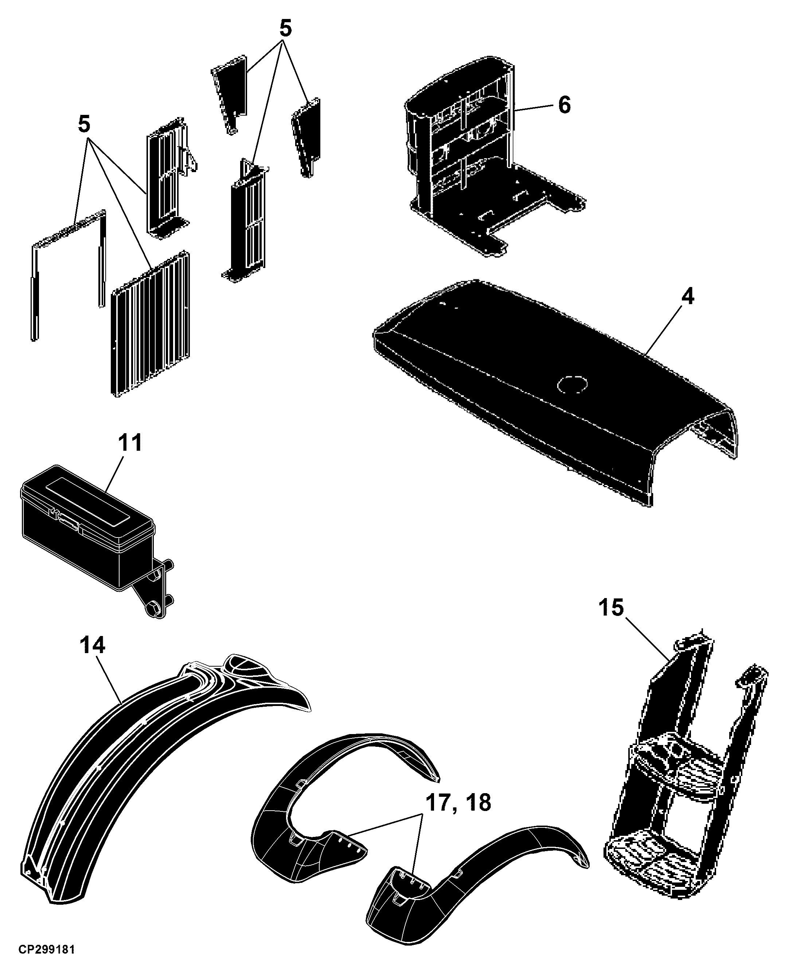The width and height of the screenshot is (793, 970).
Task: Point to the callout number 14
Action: pos(92,645)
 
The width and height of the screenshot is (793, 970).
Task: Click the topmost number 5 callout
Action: pos(285,29)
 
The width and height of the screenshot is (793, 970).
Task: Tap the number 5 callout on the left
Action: pos(84,124)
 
